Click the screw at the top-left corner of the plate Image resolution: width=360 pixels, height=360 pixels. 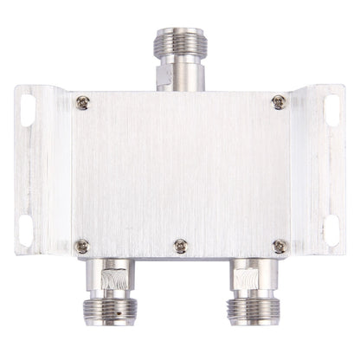81,103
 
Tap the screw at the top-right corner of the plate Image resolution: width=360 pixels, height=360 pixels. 279,102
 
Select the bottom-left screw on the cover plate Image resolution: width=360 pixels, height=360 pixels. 81,245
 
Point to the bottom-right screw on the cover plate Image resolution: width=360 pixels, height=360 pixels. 279,245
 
